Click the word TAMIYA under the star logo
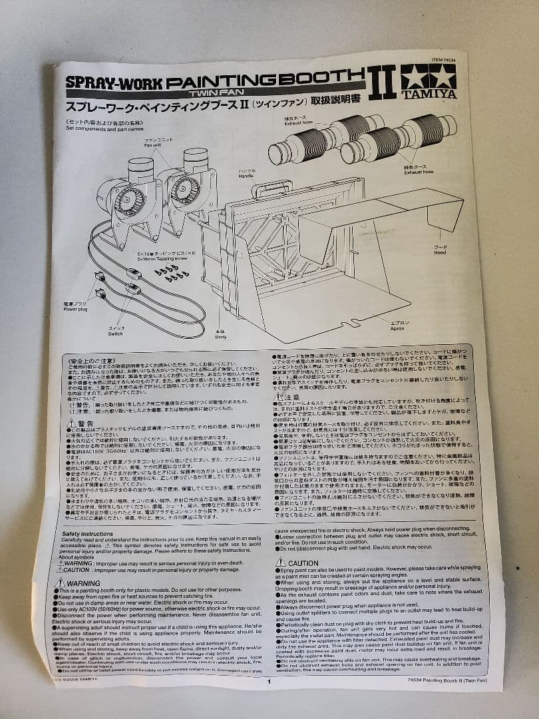(429, 94)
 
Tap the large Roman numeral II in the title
(382, 82)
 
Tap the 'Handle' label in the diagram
(247, 176)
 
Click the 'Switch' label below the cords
(115, 334)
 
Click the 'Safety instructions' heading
(87, 533)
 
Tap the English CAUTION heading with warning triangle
(297, 563)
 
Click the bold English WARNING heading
(78, 583)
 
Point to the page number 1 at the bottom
(269, 681)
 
